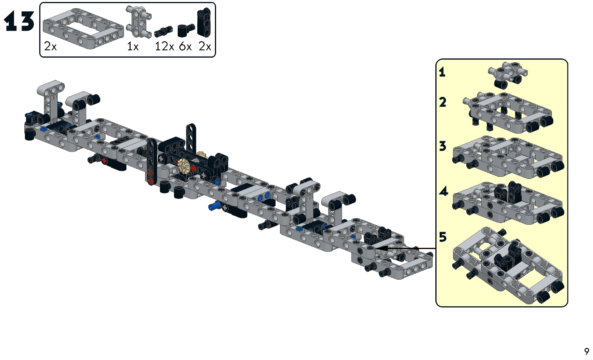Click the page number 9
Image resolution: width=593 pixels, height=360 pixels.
point(586,351)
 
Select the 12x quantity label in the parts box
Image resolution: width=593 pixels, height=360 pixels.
point(164,47)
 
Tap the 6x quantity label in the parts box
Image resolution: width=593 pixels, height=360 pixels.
point(185,47)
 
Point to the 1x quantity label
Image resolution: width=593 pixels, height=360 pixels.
point(133,47)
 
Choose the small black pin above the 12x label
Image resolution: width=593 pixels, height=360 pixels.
point(163,31)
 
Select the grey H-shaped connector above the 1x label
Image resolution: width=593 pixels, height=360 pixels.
point(138,22)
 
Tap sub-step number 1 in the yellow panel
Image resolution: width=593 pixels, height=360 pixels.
point(442,72)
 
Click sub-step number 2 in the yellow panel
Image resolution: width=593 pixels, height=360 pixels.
point(443,102)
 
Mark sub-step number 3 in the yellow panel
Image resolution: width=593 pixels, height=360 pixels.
point(443,146)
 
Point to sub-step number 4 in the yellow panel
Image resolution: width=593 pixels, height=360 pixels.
point(443,191)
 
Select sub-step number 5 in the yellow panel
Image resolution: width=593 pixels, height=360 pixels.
point(443,237)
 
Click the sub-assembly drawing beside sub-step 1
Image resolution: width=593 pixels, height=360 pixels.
point(507,74)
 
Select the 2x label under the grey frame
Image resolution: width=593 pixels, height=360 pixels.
point(50,47)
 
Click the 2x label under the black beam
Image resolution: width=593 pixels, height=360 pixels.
point(205,47)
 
